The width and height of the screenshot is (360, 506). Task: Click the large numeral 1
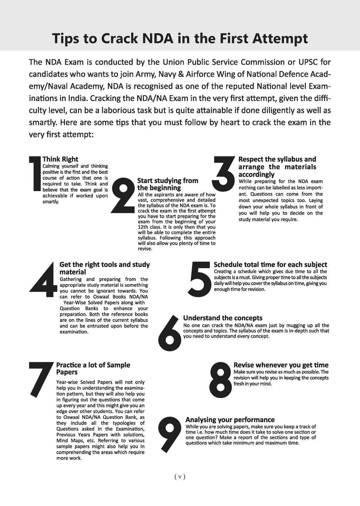pyautogui.click(x=36, y=174)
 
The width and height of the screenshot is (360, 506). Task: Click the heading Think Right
pyautogui.click(x=60, y=159)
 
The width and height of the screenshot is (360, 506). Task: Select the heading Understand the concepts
pyautogui.click(x=223, y=318)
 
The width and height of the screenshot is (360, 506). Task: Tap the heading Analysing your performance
pyautogui.click(x=230, y=420)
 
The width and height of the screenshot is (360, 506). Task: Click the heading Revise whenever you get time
pyautogui.click(x=281, y=365)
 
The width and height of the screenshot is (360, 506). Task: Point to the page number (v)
pyautogui.click(x=180, y=476)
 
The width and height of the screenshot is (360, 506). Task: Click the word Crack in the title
pyautogui.click(x=119, y=38)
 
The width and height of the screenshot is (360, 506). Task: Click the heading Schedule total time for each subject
pyautogui.click(x=270, y=265)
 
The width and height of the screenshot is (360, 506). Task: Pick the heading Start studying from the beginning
pyautogui.click(x=168, y=184)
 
